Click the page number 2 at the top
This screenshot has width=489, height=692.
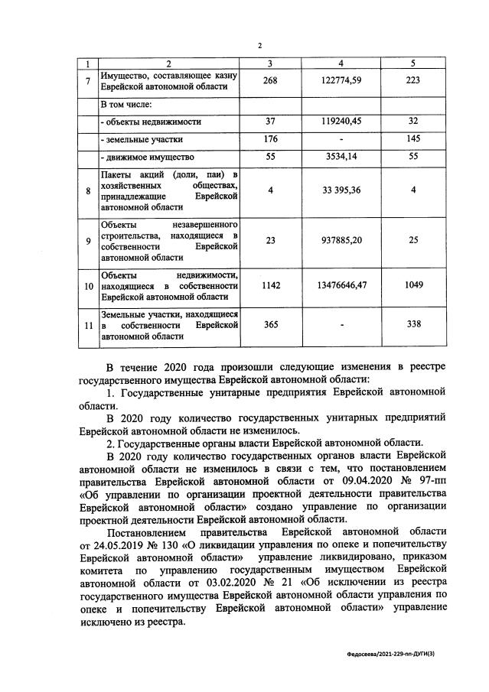259,46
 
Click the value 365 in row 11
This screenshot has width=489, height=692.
271,325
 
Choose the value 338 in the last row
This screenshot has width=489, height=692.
412,325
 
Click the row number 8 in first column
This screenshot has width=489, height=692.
88,190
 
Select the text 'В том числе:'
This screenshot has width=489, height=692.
127,102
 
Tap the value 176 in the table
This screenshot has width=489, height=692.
271,138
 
